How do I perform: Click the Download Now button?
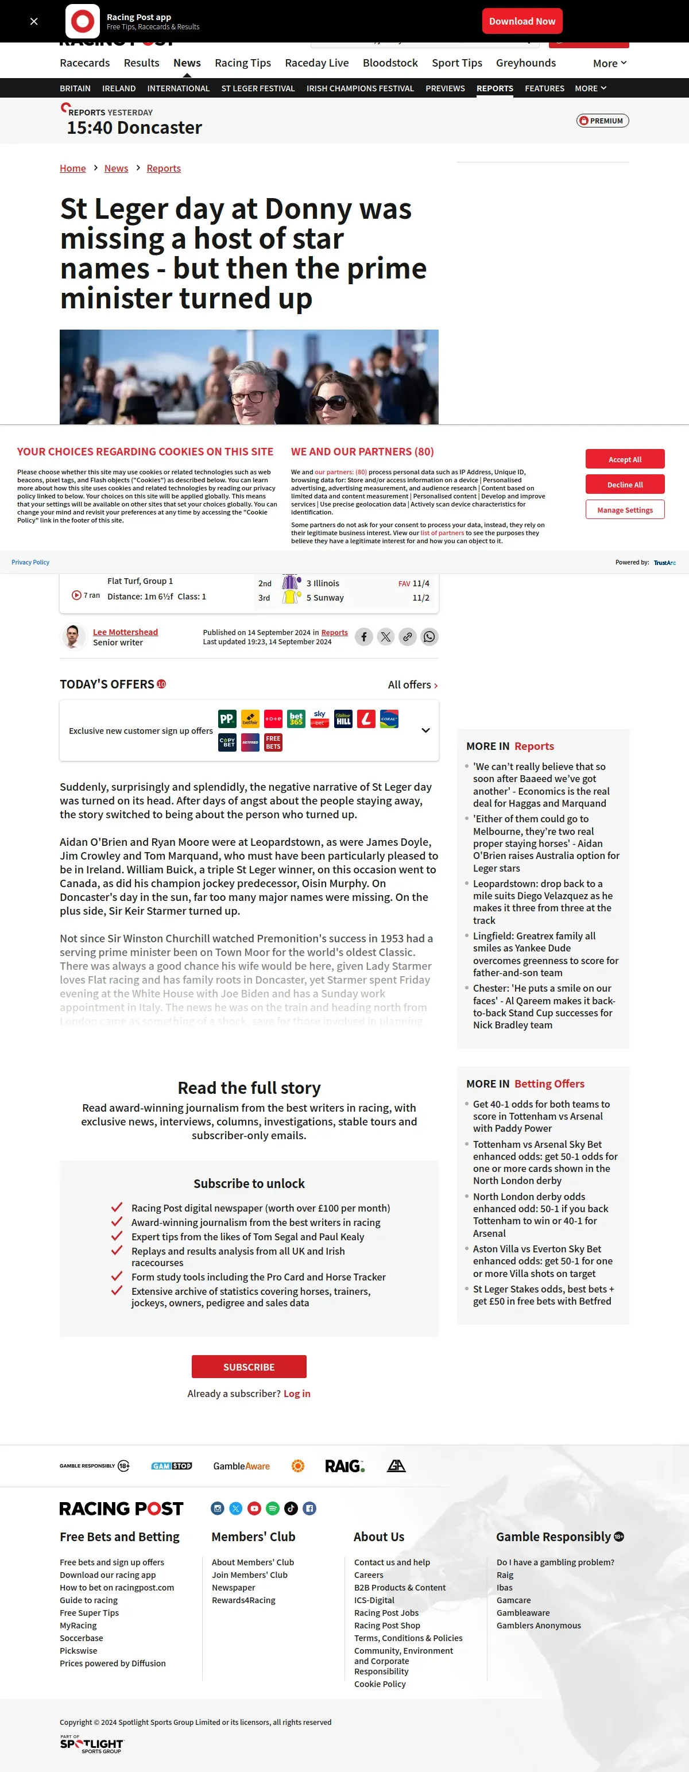click(x=522, y=21)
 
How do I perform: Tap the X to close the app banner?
click(x=34, y=21)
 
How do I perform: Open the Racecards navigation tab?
click(x=84, y=63)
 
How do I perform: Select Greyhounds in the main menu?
click(x=525, y=63)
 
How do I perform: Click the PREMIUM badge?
click(x=602, y=121)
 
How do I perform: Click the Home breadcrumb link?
click(x=73, y=169)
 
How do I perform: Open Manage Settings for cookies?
click(x=624, y=510)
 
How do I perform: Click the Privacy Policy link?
click(x=30, y=563)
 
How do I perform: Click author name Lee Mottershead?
click(x=125, y=632)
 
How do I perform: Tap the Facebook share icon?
click(x=364, y=637)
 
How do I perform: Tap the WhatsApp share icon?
click(x=429, y=637)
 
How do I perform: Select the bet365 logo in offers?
click(x=296, y=719)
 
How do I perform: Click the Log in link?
click(x=297, y=1394)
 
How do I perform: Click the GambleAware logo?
click(x=241, y=1466)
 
